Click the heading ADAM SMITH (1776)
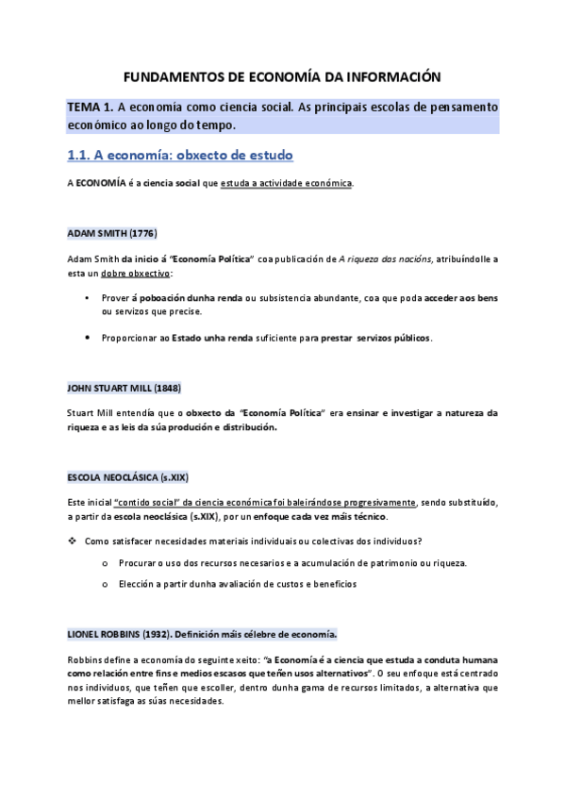click(x=112, y=233)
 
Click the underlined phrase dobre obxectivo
click(x=136, y=272)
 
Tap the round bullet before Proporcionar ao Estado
click(x=88, y=337)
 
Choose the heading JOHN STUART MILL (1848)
click(x=125, y=388)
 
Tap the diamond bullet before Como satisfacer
click(x=72, y=541)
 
